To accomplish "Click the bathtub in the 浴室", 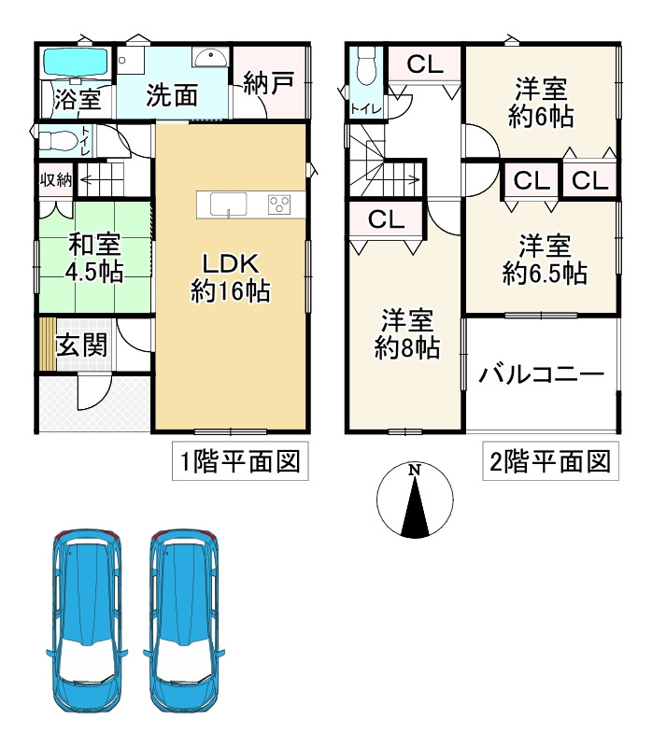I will (x=77, y=63).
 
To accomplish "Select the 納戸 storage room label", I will (x=268, y=83).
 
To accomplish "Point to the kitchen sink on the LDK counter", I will (x=228, y=203).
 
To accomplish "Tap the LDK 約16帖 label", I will (x=231, y=277).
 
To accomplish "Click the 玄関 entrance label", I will (x=80, y=345).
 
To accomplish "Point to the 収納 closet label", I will (x=55, y=177).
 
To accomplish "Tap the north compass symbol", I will (x=415, y=501).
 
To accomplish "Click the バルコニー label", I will (x=542, y=375).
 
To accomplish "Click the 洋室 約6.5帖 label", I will (x=544, y=261).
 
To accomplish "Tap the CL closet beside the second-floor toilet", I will (x=423, y=64).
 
